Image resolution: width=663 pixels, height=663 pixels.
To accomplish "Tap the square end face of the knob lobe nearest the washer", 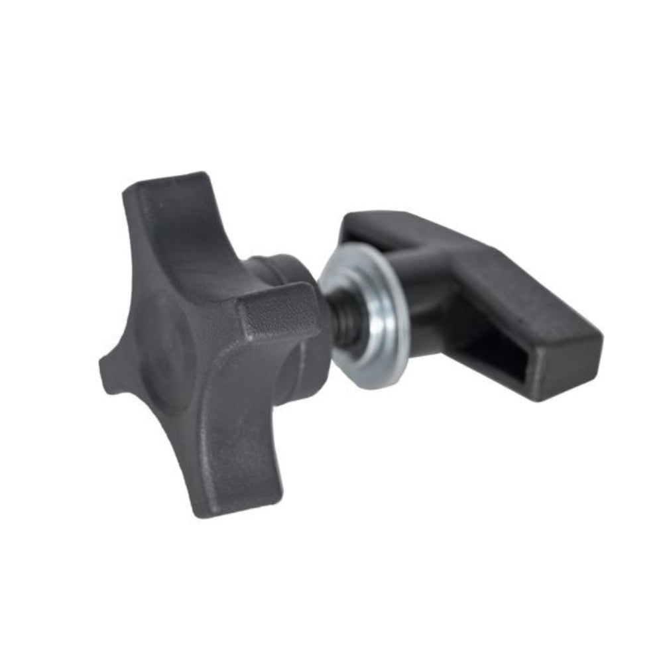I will [x=278, y=312].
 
